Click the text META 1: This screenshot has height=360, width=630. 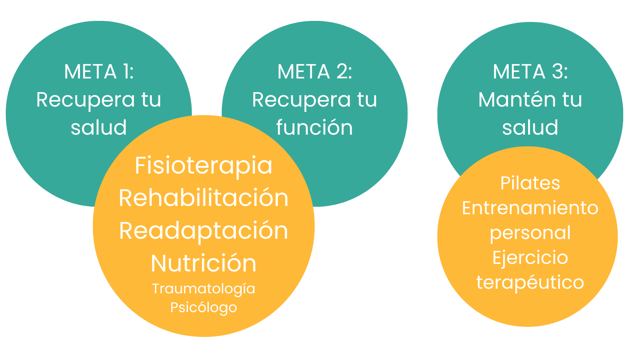coord(99,72)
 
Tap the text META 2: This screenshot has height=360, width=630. coord(315,72)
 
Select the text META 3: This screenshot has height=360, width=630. coord(530,72)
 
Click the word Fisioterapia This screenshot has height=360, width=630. coord(203,166)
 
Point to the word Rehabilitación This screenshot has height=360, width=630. coord(203,198)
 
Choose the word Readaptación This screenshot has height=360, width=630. coord(203,231)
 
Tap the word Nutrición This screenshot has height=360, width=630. coord(203,263)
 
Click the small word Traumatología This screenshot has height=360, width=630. coord(203,289)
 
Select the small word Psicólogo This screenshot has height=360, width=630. coord(203,308)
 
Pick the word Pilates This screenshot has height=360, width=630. coord(530,183)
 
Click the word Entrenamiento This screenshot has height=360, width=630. coord(530,208)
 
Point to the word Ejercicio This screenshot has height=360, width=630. coord(530,258)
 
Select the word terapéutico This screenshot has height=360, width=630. coord(530,282)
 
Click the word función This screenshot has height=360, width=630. coord(315,127)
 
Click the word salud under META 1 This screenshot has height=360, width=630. coord(99,127)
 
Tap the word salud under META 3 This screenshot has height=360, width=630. coord(530,127)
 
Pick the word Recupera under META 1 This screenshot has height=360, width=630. coord(85,100)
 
